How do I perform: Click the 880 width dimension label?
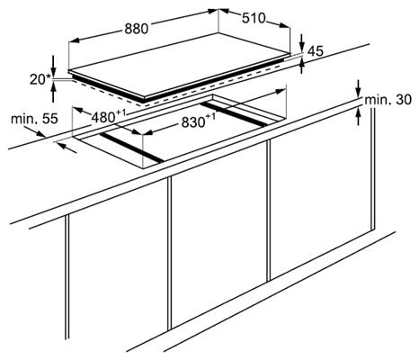(x=137, y=29)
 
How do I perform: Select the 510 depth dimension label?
(x=254, y=18)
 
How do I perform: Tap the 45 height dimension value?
(x=316, y=51)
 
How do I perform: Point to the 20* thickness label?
(x=40, y=79)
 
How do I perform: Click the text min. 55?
(x=34, y=119)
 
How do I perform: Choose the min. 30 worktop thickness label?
(x=388, y=100)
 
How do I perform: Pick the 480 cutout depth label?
(x=108, y=116)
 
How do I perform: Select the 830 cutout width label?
(x=198, y=121)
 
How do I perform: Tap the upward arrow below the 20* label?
(x=53, y=92)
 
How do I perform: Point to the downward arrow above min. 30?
(x=358, y=88)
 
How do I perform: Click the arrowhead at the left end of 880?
(x=74, y=40)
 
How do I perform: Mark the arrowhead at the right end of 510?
(x=285, y=25)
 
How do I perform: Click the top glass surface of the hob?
(x=179, y=65)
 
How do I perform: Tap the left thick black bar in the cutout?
(x=132, y=148)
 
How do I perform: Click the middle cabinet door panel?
(x=218, y=232)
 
